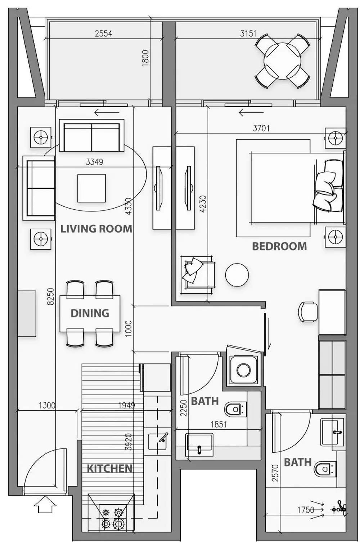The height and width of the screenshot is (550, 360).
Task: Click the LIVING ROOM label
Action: (x=96, y=229)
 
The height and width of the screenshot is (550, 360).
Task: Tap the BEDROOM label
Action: (x=279, y=246)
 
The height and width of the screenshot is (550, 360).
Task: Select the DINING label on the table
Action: (x=90, y=313)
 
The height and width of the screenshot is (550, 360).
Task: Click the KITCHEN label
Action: (x=110, y=469)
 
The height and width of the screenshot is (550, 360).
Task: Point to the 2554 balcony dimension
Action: (x=104, y=33)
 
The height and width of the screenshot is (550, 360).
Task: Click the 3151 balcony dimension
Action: (x=248, y=33)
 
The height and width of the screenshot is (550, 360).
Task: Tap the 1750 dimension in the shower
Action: (x=306, y=510)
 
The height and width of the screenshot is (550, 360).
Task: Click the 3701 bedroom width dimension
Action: (x=261, y=128)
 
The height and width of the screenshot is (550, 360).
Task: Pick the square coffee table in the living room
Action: (x=91, y=188)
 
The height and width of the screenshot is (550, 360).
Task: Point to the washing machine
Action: (x=243, y=370)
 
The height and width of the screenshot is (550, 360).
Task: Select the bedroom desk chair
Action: (x=307, y=312)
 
